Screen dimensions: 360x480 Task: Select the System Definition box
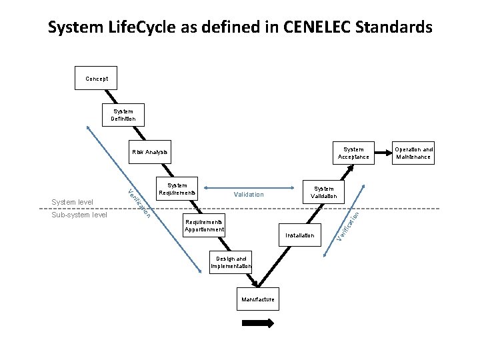click(x=123, y=115)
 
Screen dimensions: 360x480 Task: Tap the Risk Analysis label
click(x=149, y=153)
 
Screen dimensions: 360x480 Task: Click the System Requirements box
click(x=177, y=189)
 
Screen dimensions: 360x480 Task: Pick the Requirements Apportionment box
click(x=205, y=225)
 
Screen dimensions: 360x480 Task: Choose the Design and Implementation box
click(x=230, y=262)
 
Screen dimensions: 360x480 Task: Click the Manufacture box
click(x=258, y=299)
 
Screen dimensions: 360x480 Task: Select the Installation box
click(x=299, y=235)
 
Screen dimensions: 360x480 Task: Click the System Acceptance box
click(x=353, y=153)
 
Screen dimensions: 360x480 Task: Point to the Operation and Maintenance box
click(x=413, y=153)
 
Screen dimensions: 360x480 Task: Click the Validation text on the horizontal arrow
click(x=249, y=195)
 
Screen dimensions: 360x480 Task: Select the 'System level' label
click(x=71, y=202)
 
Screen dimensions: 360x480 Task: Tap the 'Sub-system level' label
click(x=79, y=215)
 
